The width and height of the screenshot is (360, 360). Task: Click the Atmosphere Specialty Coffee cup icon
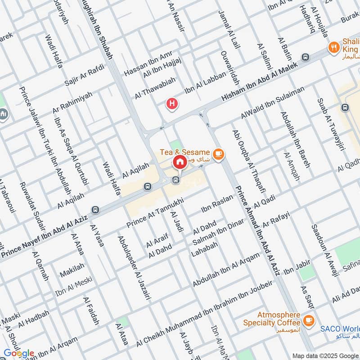(308, 320)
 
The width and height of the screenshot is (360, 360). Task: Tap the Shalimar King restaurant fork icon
(333, 46)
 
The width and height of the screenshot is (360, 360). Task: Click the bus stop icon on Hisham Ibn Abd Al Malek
(306, 57)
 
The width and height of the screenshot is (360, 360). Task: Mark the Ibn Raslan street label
(217, 204)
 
